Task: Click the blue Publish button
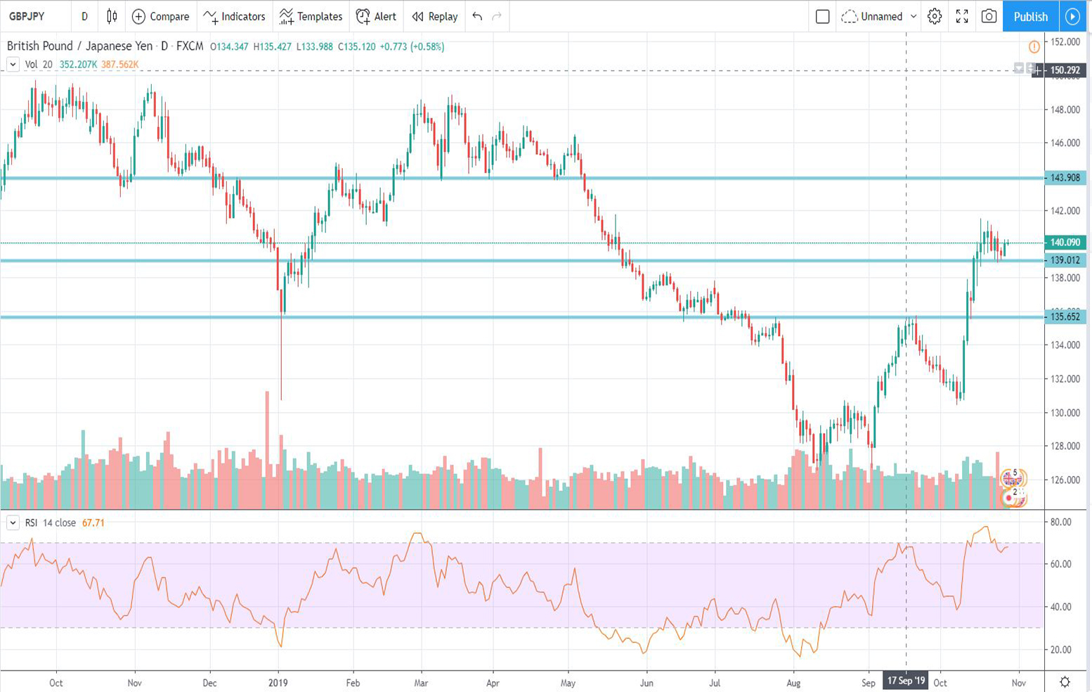[1030, 16]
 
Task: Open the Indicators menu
[235, 16]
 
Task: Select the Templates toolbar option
[311, 16]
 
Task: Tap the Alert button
[377, 16]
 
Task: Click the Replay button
[435, 16]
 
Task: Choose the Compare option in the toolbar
[161, 16]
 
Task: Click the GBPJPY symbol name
[27, 16]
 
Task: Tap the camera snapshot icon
[989, 16]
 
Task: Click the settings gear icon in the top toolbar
[934, 16]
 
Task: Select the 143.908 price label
[1065, 178]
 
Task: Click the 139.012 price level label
[1065, 260]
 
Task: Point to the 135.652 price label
[1065, 316]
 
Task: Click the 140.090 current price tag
[1065, 243]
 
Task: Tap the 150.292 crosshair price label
[1065, 70]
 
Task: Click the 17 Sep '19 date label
[906, 681]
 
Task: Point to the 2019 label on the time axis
[278, 682]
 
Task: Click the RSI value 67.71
[93, 523]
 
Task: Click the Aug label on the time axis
[793, 682]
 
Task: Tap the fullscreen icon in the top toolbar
[962, 16]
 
